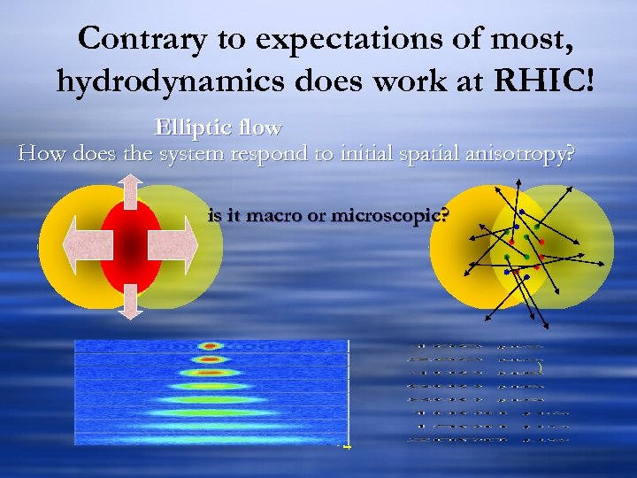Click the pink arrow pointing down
click(131, 301)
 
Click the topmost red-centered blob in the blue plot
click(211, 346)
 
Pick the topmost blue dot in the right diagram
click(522, 212)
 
